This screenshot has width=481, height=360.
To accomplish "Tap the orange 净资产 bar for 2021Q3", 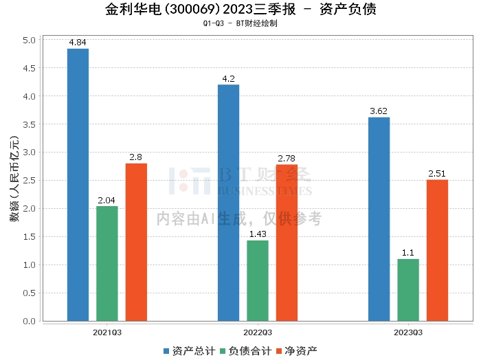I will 136,242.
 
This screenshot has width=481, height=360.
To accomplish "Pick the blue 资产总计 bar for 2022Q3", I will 228,203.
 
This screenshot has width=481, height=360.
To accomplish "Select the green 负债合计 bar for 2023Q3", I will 408,289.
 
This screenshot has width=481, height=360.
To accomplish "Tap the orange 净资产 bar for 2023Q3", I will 437,250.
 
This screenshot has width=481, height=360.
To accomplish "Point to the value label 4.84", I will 78,43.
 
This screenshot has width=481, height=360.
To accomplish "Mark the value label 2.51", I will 437,174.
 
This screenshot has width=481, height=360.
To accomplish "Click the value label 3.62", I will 379,111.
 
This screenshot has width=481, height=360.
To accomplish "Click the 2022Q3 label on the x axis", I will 258,332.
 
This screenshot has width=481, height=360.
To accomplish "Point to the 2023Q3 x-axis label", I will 408,332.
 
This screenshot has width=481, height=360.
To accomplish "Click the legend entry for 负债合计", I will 245,351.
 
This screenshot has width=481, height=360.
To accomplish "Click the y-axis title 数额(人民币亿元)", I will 14,180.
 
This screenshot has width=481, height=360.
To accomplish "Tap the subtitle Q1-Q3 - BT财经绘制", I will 240,23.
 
